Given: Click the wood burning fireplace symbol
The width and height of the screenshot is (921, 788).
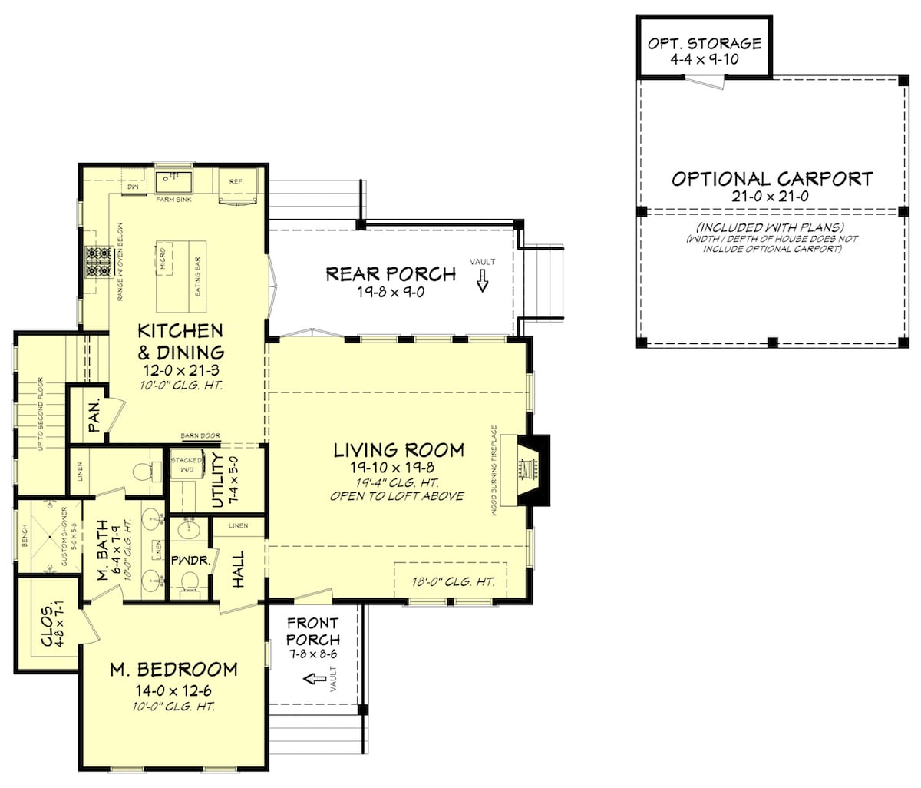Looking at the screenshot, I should coord(530,469).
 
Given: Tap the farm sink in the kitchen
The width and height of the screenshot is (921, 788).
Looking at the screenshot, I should coord(173,183).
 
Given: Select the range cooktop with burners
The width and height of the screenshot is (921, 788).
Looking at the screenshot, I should coord(98,260).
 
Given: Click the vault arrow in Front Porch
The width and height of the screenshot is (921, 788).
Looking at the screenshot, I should coord(314,679).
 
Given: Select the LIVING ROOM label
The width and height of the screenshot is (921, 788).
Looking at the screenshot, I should coord(398,450).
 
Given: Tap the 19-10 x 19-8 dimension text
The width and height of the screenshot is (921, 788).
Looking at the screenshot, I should coord(398,468).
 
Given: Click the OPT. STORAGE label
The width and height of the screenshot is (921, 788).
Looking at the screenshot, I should coord(704,44).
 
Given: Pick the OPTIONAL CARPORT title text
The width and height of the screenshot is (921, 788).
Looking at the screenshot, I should coord(771,179).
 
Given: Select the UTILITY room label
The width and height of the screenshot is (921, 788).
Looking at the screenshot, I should coord(217,481).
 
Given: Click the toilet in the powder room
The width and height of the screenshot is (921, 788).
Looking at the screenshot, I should coord(190,588).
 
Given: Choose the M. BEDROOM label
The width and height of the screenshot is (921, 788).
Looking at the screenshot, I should coord(173,669).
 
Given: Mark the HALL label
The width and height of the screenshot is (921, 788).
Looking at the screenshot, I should coord(239,569).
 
